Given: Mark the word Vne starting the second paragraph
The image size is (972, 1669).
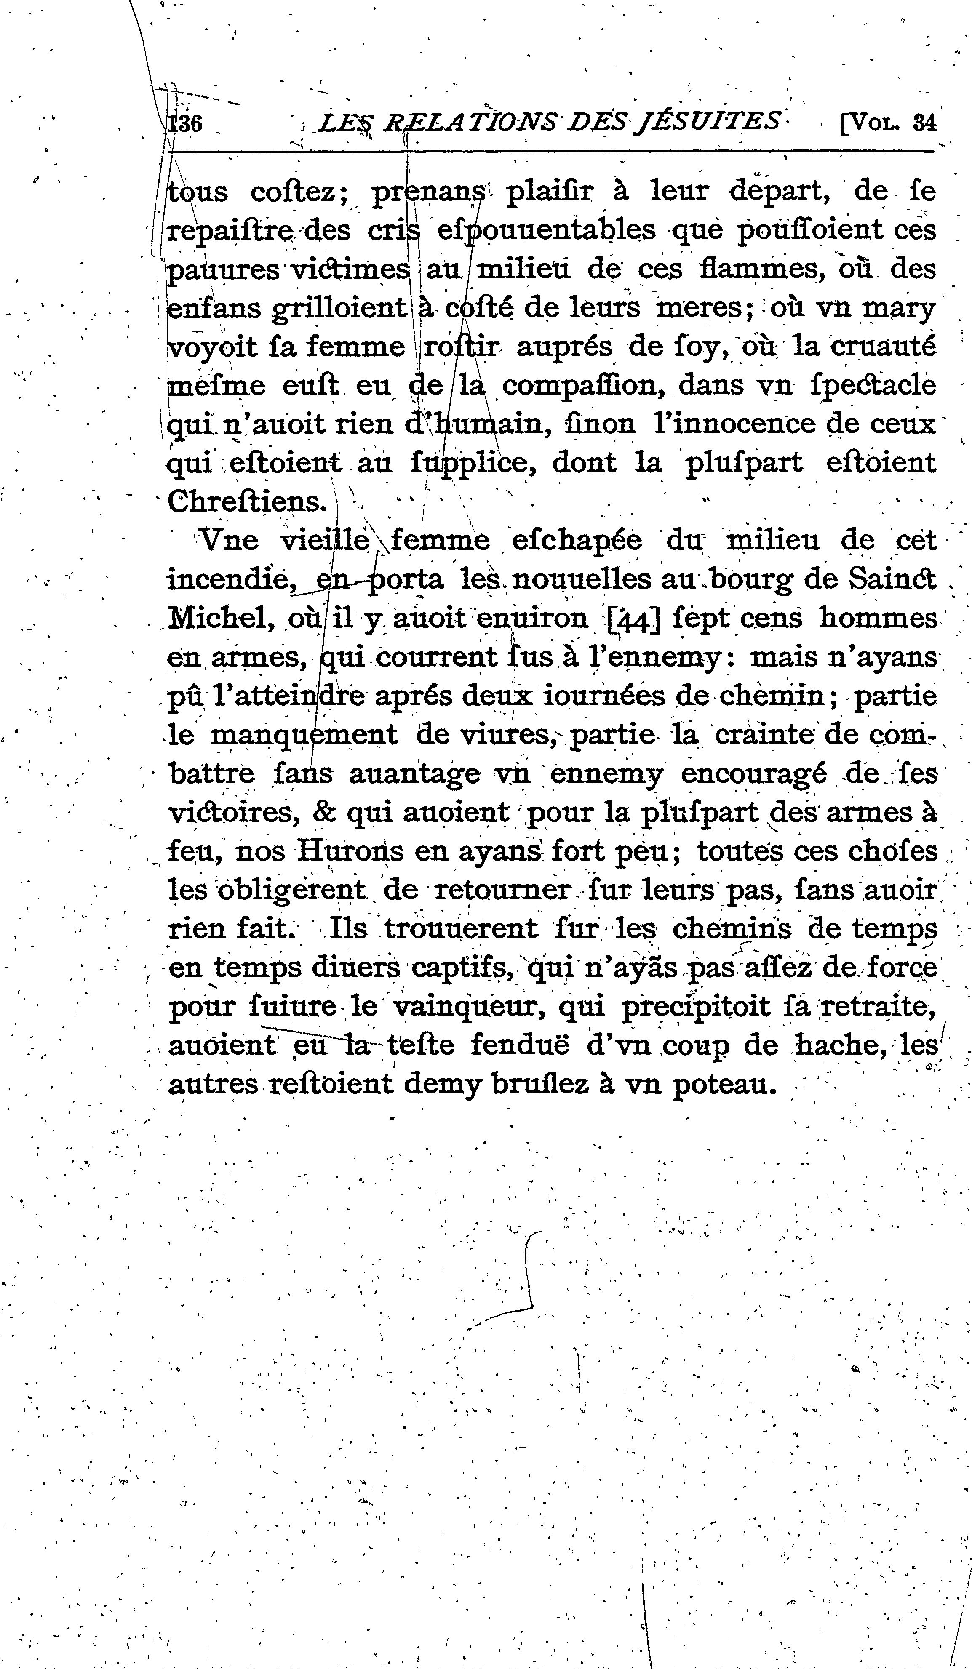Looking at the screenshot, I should pyautogui.click(x=229, y=541).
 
